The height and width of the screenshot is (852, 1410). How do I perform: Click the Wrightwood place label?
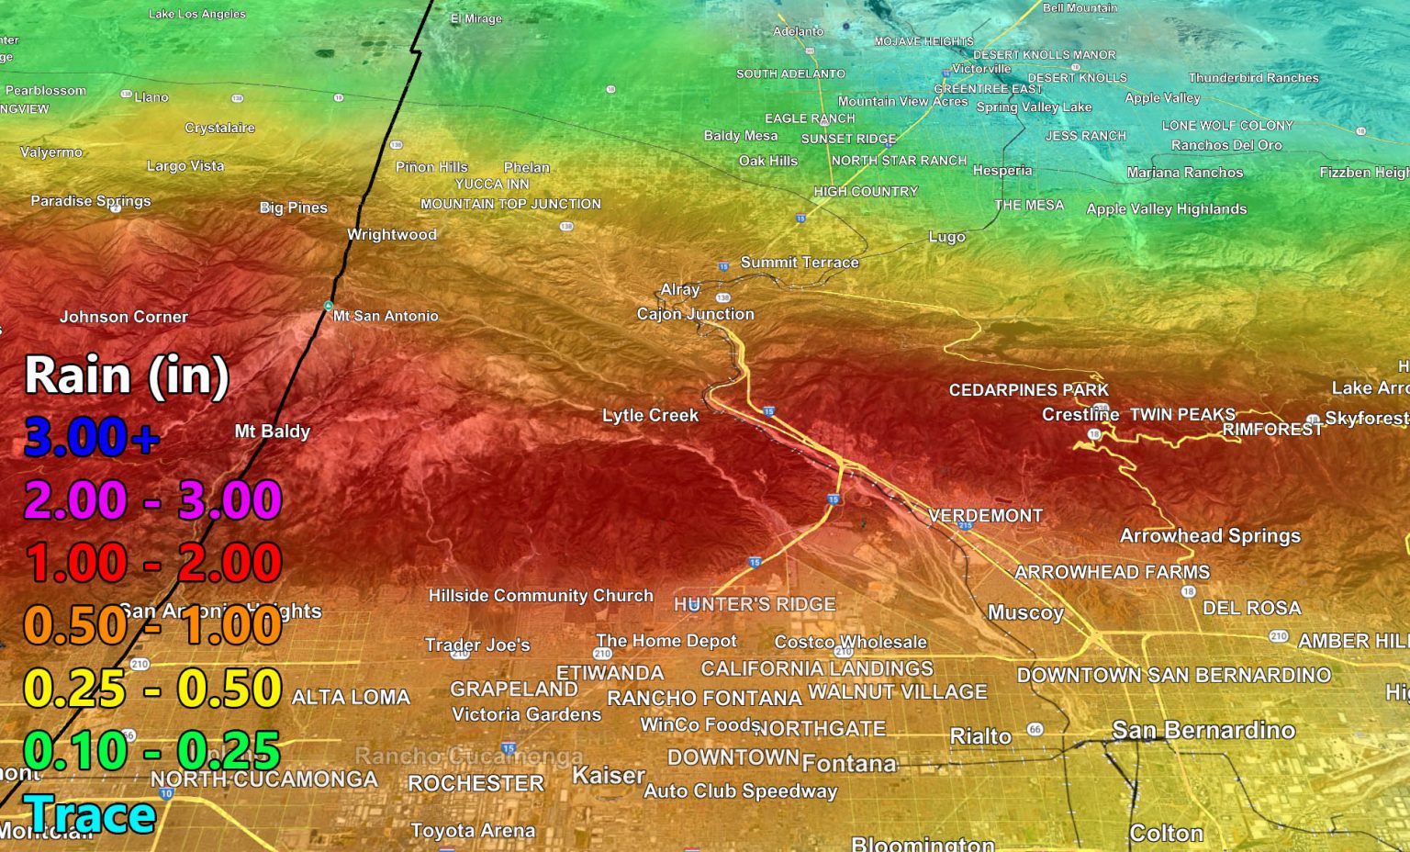pos(392,235)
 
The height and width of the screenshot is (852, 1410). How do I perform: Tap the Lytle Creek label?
pos(650,416)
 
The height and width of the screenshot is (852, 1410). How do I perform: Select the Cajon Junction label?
pos(696,314)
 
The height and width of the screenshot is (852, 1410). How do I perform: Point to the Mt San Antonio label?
pos(386,316)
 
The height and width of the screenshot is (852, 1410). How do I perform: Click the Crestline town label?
pos(1080,415)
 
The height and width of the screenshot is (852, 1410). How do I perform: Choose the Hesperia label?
pos(1002,171)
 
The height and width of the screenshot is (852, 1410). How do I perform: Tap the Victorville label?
pos(981,69)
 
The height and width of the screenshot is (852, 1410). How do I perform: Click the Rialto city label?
pos(980,736)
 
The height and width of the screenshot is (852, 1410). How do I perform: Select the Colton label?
pos(1166,833)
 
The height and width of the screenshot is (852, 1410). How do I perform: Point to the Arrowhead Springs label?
pos(1210,536)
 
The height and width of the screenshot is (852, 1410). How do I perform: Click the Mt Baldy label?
pos(273,432)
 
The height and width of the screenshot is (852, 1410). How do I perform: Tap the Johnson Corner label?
pos(124,317)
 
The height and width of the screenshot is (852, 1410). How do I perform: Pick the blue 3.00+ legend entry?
pos(92,437)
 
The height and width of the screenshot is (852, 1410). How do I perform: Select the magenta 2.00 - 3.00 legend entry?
pos(152,500)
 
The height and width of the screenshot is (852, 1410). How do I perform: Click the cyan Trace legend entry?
pos(90,815)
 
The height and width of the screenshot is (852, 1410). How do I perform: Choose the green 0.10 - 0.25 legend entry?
pos(151,751)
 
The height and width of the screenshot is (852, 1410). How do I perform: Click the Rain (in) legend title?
pos(127,376)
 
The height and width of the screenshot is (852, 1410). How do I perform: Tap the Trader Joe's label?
pos(477,645)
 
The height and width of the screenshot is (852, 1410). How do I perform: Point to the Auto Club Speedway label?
pos(741,790)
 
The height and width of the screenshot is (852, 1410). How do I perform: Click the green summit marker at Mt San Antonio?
pos(328,306)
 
